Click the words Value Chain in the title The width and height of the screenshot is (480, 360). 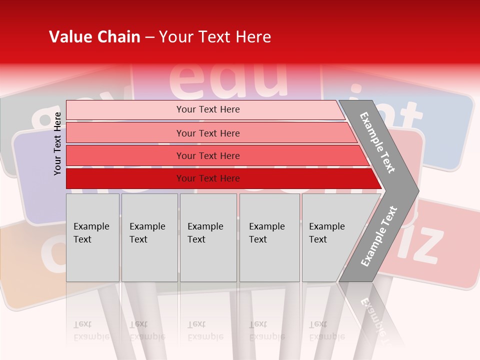pyautogui.click(x=94, y=37)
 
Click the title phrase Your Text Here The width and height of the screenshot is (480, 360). pyautogui.click(x=215, y=37)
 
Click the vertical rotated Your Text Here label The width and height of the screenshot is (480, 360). pyautogui.click(x=57, y=143)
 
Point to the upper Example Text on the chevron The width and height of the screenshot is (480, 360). pyautogui.click(x=377, y=142)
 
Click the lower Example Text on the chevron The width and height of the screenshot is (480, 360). pyautogui.click(x=378, y=236)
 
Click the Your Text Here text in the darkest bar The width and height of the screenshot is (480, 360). pyautogui.click(x=208, y=178)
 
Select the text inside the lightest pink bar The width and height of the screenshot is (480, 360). pyautogui.click(x=208, y=109)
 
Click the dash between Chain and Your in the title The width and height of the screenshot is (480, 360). pyautogui.click(x=149, y=37)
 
